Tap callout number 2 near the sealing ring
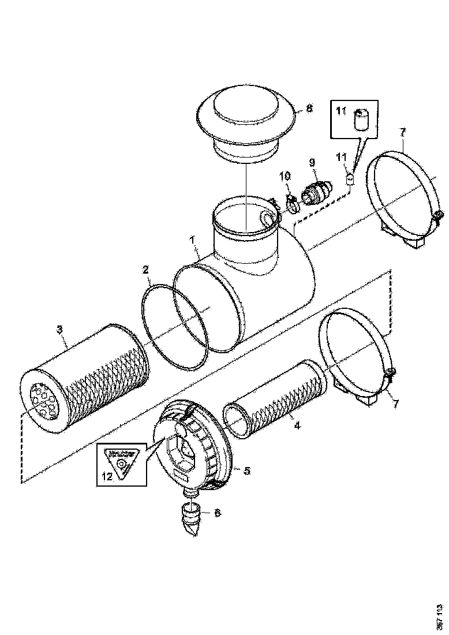tap(146, 270)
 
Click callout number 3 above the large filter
tap(59, 330)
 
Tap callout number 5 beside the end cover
tap(246, 470)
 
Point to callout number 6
tap(217, 512)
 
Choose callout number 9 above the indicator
tap(313, 163)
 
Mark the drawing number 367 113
tap(440, 616)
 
